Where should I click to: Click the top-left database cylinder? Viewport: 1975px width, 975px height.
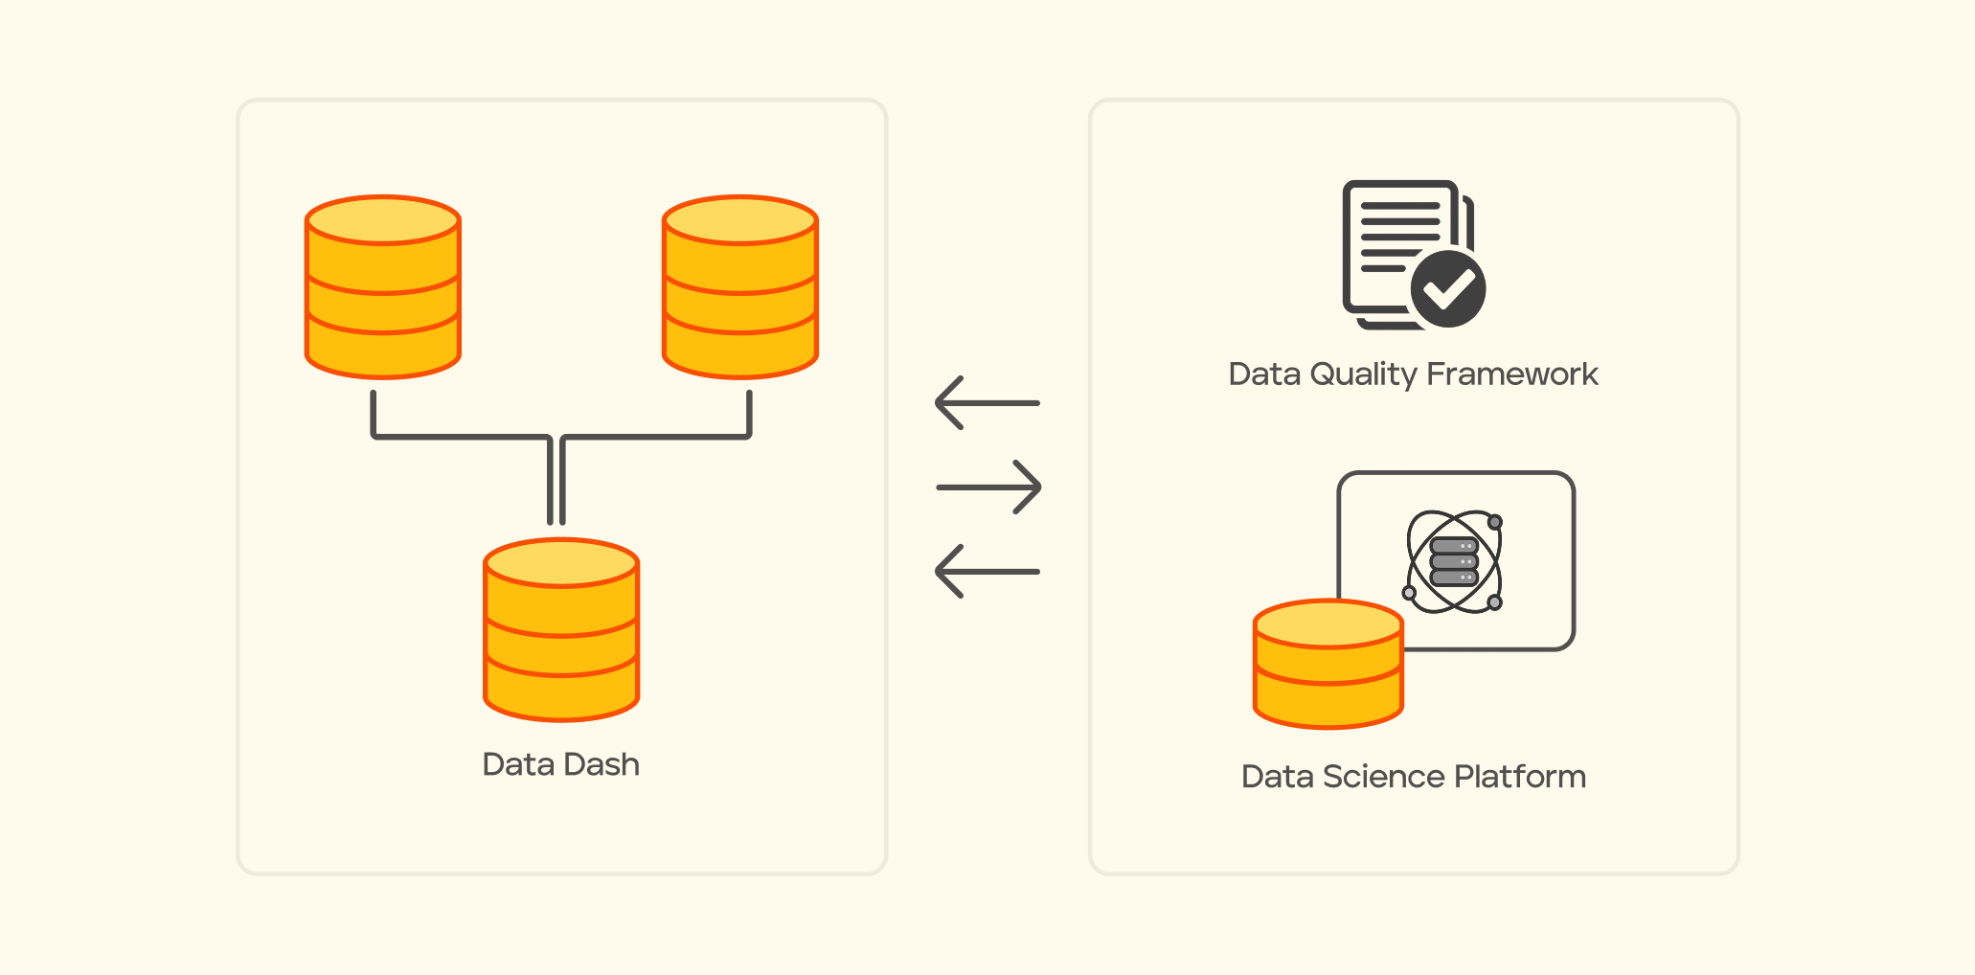(x=383, y=287)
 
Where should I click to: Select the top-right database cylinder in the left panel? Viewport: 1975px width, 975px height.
(x=740, y=287)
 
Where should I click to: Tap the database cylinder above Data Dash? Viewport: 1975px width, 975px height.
(x=561, y=630)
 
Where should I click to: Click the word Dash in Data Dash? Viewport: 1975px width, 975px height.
(x=602, y=764)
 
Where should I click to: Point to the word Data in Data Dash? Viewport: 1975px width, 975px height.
(x=518, y=764)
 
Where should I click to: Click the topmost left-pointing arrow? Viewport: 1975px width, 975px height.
(x=987, y=403)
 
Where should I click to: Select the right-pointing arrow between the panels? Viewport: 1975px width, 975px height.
(x=988, y=487)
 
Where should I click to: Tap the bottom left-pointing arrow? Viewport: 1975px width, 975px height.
(x=987, y=572)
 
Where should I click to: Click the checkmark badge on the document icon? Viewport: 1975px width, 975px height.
(x=1448, y=288)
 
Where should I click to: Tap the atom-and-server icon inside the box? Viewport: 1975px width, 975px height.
(x=1454, y=562)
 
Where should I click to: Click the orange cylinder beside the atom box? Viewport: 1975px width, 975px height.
(x=1328, y=665)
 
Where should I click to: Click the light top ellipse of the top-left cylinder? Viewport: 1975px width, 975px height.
(x=383, y=220)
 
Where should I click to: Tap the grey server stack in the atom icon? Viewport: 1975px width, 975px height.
(x=1454, y=562)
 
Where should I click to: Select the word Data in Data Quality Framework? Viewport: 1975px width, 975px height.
(x=1264, y=374)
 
